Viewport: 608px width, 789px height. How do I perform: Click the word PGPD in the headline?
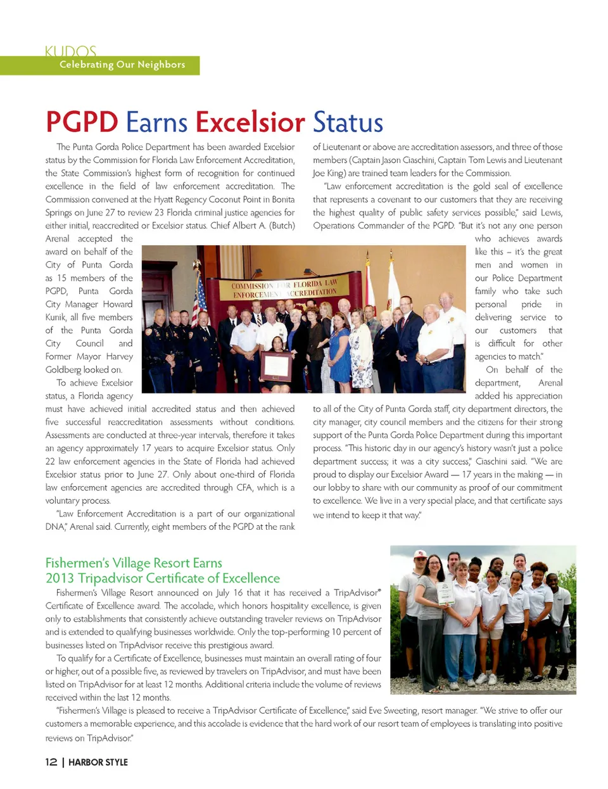pos(82,122)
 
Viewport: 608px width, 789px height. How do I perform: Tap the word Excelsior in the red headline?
pos(250,122)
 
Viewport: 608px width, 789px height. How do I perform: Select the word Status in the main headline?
pos(348,122)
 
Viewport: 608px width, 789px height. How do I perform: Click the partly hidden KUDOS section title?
pos(70,51)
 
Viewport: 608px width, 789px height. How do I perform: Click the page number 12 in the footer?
pos(51,762)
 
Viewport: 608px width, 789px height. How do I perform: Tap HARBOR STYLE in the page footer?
pos(98,762)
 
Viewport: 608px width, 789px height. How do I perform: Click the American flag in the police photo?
pos(199,295)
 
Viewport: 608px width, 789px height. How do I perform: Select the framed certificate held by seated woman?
pos(277,365)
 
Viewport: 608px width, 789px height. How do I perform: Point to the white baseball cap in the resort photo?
pos(420,553)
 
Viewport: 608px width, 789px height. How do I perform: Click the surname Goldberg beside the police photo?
pos(63,369)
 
